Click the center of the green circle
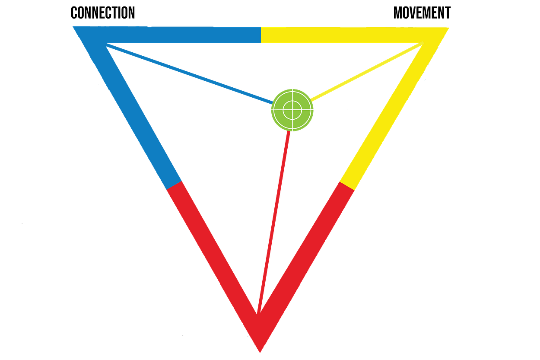[x=292, y=109]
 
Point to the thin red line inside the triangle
[x=273, y=220]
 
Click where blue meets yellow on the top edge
[x=261, y=35]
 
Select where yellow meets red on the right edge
[x=347, y=186]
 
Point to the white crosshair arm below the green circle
[x=292, y=143]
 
